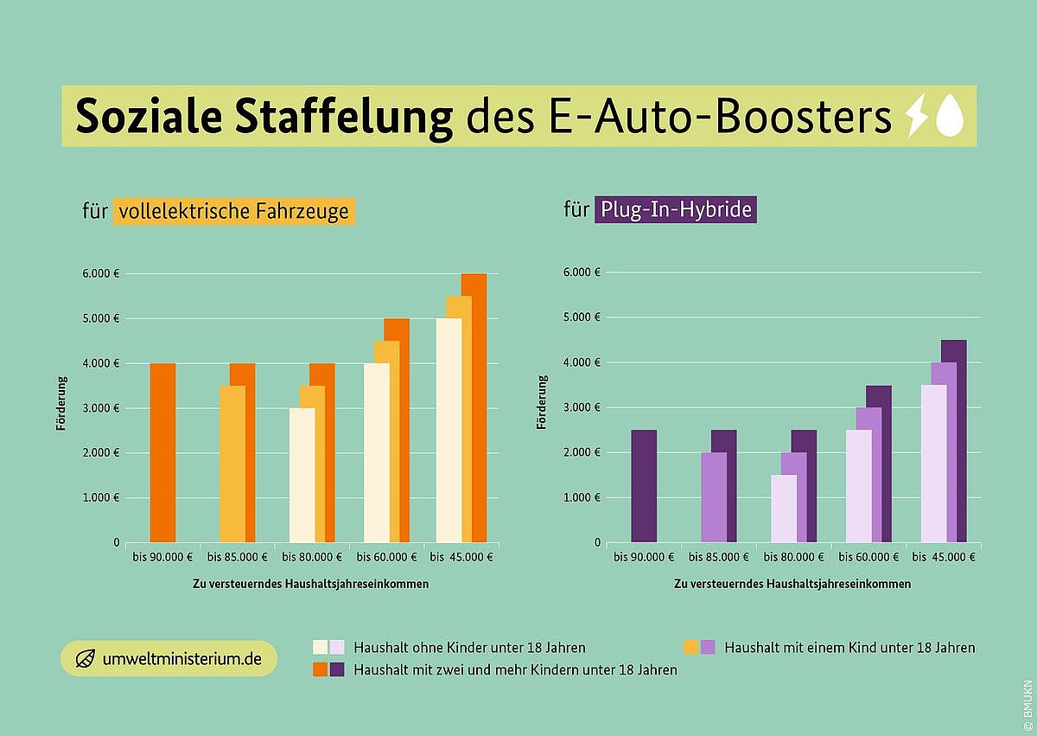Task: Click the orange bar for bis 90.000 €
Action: coord(162,452)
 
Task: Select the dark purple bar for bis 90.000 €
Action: coord(644,486)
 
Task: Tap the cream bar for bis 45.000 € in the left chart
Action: coord(449,430)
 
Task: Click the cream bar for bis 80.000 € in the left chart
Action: coord(302,475)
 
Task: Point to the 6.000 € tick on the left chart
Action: coord(104,273)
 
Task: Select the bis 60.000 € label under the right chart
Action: coord(868,557)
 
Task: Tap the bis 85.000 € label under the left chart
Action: coord(238,557)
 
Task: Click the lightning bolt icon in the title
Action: coord(915,117)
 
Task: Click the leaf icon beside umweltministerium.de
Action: coord(85,659)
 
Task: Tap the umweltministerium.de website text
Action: coord(181,659)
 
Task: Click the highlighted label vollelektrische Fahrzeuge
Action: coord(234,211)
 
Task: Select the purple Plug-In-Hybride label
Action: coord(676,210)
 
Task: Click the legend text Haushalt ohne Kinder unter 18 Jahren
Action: coord(469,647)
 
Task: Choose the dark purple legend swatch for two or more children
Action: coord(337,669)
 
